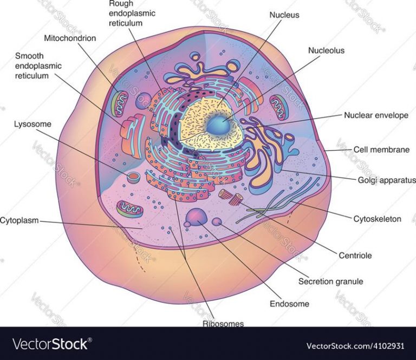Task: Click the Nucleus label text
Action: [284, 15]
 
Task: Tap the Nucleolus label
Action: [326, 50]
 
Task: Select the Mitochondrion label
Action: [70, 38]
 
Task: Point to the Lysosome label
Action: [32, 124]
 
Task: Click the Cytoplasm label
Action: [19, 220]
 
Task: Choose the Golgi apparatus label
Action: [387, 180]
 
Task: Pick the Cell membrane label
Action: [381, 149]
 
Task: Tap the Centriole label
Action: [355, 256]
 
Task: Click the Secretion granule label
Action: [330, 282]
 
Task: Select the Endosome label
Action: [289, 304]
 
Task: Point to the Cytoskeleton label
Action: [377, 219]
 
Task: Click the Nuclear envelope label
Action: [376, 115]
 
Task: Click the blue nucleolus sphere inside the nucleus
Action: [218, 125]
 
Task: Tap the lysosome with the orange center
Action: [133, 178]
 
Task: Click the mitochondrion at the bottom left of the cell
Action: [130, 209]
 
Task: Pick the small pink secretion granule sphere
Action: [217, 221]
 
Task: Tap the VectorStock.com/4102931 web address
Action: [355, 346]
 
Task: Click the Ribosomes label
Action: [223, 324]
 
